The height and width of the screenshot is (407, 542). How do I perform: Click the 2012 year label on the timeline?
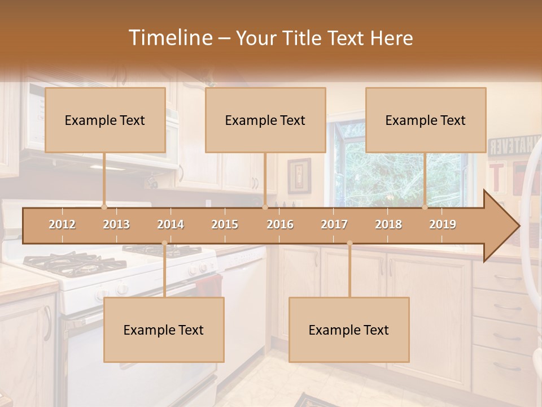(62, 224)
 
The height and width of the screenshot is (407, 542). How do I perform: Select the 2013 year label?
(116, 224)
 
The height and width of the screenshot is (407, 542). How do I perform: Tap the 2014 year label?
(171, 224)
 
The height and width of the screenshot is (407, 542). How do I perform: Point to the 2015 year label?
(225, 224)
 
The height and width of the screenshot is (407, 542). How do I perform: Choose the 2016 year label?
(280, 224)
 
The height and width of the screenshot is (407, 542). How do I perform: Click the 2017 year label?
(334, 224)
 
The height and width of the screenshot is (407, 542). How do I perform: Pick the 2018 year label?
(388, 224)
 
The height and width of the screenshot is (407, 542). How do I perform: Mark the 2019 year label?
(443, 224)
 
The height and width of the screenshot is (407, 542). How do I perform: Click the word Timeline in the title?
(169, 38)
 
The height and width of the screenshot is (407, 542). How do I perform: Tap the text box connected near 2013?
(105, 120)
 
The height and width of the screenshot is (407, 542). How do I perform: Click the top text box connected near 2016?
(265, 120)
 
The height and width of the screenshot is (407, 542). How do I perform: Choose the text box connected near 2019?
(426, 120)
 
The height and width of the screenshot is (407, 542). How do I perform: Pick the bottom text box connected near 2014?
(164, 330)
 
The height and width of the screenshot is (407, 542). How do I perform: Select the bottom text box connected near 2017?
(349, 330)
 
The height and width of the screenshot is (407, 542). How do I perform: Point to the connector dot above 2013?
(104, 207)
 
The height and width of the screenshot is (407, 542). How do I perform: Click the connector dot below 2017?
(349, 243)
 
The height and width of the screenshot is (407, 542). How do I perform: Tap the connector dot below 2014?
(164, 243)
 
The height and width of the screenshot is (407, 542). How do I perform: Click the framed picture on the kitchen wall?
(299, 176)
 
